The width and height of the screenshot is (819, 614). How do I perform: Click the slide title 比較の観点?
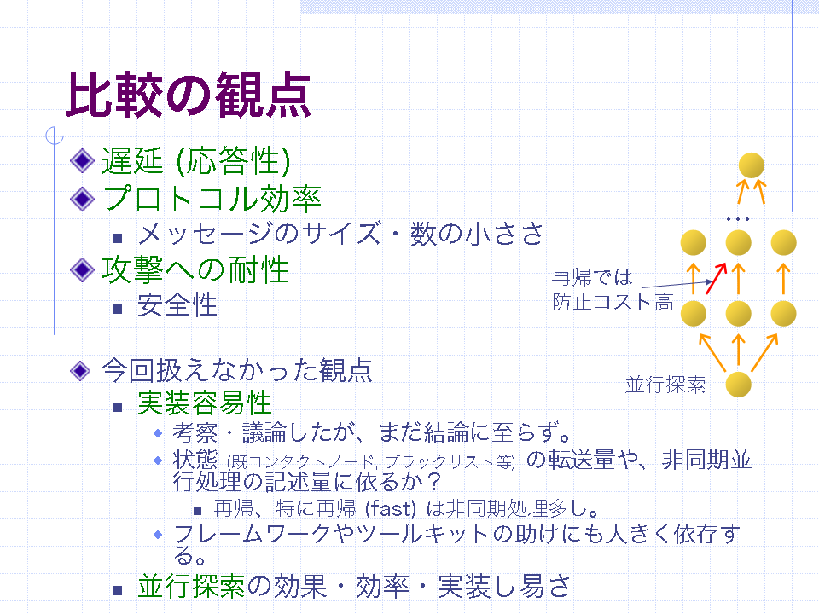point(188,96)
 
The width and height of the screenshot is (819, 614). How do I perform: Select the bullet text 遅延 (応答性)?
point(196,161)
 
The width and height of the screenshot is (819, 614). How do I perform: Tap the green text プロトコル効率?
point(212,199)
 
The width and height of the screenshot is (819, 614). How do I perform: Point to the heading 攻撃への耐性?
point(195,270)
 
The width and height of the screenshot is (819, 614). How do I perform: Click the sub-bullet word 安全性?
point(177,305)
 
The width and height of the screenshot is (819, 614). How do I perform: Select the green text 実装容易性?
point(205,403)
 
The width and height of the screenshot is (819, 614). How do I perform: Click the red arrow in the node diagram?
point(716,278)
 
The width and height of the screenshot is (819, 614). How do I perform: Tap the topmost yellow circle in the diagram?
point(752,165)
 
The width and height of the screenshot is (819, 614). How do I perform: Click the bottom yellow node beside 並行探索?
point(739,385)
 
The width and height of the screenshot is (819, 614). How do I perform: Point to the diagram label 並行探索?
point(665,385)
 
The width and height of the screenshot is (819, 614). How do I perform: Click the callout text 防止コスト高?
point(613,302)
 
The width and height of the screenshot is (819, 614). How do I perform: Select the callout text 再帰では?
point(592,277)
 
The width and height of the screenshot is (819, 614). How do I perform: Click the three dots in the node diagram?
point(738,219)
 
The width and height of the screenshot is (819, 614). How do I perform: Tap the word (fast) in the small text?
point(390,508)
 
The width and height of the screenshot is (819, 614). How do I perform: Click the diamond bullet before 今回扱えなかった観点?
point(80,371)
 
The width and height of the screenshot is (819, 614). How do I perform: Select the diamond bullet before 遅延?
point(82,161)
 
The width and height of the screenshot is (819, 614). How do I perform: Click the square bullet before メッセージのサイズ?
point(118,238)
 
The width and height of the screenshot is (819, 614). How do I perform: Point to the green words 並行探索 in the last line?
point(191,586)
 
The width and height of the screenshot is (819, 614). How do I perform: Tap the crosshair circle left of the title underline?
point(55,136)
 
